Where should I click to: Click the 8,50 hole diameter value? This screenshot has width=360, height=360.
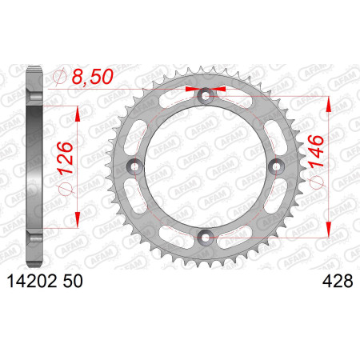pyautogui.click(x=93, y=77)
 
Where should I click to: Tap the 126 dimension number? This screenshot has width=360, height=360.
pyautogui.click(x=65, y=158)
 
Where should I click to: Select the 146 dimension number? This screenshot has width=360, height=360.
pyautogui.click(x=316, y=151)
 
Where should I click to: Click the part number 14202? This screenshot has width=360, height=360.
pyautogui.click(x=32, y=282)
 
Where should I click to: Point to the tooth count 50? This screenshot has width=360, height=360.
pyautogui.click(x=73, y=282)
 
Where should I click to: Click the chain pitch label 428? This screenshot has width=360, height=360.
pyautogui.click(x=338, y=282)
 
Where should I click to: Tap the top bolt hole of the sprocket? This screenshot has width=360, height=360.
pyautogui.click(x=206, y=96)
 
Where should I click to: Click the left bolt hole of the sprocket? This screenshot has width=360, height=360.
pyautogui.click(x=135, y=166)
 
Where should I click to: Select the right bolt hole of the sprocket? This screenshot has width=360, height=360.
pyautogui.click(x=276, y=166)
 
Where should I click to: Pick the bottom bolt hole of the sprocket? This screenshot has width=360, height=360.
pyautogui.click(x=206, y=237)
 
